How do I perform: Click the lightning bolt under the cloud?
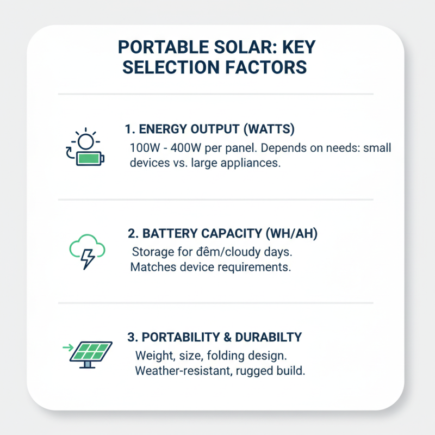(86, 260)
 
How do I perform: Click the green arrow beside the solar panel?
(68, 346)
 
